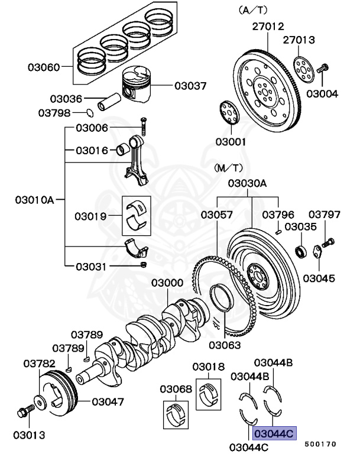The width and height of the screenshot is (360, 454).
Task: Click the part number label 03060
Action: [x=44, y=67]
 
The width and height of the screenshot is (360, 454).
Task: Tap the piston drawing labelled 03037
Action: [x=138, y=85]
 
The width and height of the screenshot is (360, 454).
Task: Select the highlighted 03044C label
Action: [x=274, y=434]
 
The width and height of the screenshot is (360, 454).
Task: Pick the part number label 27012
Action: [x=268, y=27]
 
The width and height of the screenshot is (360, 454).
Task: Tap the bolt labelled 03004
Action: [x=323, y=69]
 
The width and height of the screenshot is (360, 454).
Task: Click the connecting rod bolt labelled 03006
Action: [x=142, y=125]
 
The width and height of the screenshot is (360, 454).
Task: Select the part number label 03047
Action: [x=108, y=402]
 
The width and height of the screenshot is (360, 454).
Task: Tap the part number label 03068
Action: [x=176, y=389]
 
